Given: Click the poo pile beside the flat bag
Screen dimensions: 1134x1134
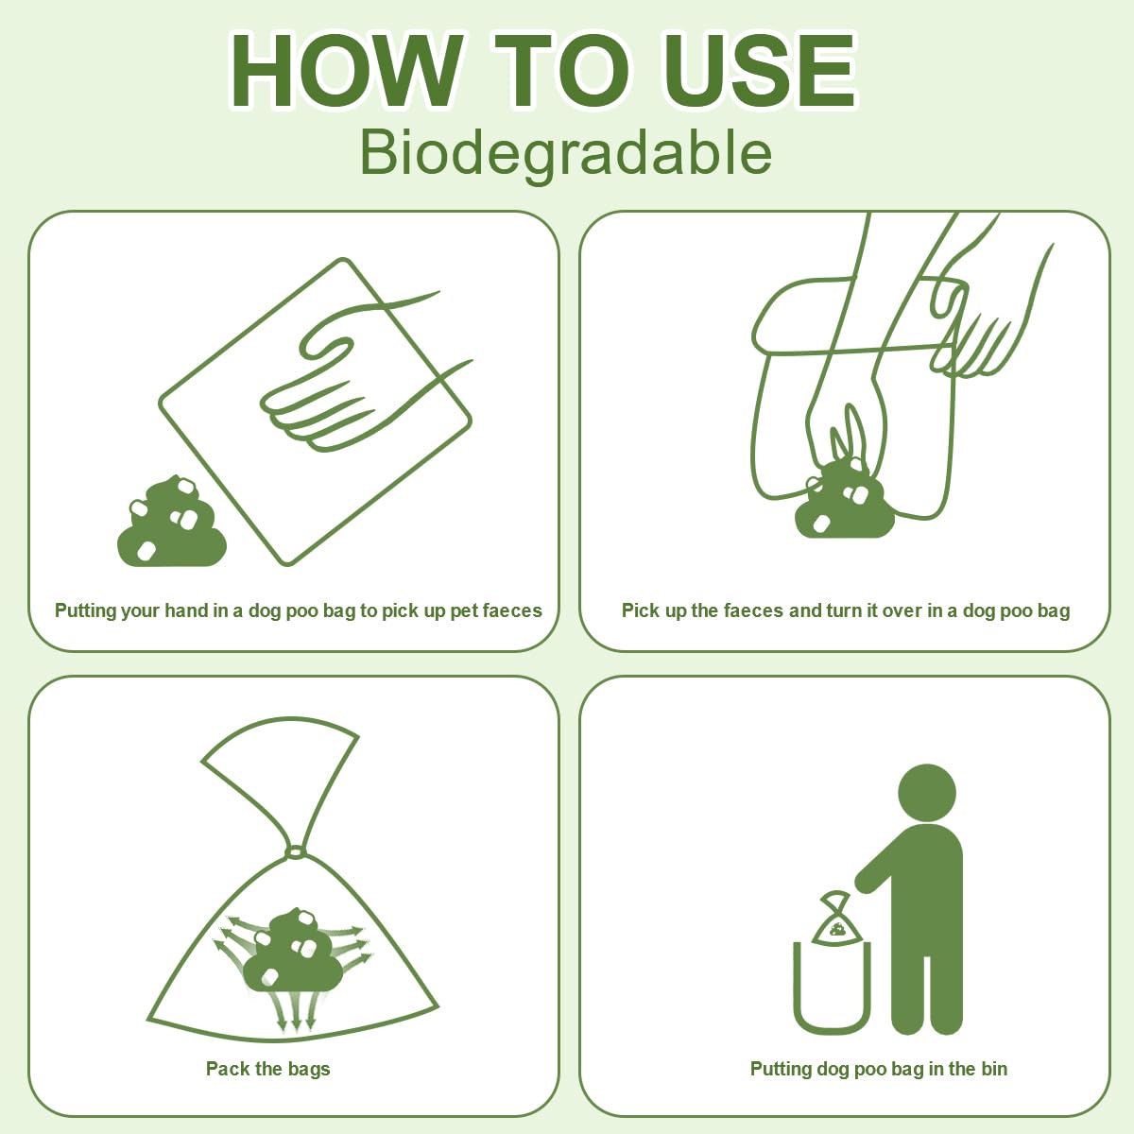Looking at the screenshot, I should pos(171,524).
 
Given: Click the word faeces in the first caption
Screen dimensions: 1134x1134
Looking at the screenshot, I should pos(512,610).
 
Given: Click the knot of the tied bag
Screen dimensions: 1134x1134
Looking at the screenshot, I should pos(295,852).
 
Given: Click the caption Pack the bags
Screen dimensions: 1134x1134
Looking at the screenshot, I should pos(268,1069).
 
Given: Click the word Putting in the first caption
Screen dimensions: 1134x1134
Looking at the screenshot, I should pos(85,610).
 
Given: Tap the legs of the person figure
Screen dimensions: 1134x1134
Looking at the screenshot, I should pos(926,983).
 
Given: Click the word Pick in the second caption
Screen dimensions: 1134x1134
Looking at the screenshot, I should pos(641,610).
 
